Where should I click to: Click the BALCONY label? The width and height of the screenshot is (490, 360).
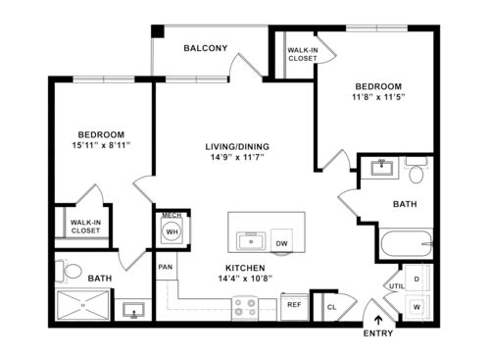coord(205,48)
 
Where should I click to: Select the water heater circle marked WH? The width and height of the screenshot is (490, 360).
coord(171,231)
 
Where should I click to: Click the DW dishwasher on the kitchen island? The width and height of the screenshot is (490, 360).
coord(281,243)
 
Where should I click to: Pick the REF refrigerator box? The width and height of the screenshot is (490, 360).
coord(293,305)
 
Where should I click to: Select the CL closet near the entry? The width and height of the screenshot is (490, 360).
coord(332,306)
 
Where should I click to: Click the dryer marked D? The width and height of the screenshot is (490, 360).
coord(416,280)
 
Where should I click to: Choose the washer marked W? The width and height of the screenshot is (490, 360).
coord(416,306)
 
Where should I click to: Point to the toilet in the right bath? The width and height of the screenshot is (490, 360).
coord(416,175)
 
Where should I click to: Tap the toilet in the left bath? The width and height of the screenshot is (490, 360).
coord(70,271)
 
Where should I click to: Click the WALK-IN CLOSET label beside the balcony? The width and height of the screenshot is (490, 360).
coord(302,54)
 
